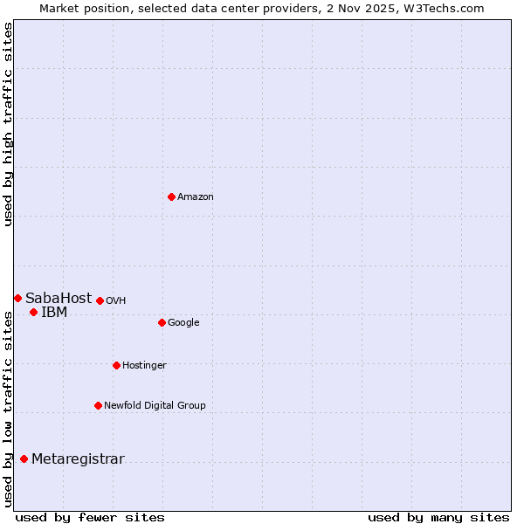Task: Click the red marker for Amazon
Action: coord(171,196)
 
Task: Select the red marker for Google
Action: coord(162,322)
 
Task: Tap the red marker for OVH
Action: coord(100,300)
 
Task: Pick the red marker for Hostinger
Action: coord(116,365)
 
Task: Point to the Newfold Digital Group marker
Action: coord(98,405)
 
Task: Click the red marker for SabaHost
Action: coord(17,298)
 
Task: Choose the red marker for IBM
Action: coord(33,312)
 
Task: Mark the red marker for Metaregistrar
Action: coord(24,458)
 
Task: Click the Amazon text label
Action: coord(196,197)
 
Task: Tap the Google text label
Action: coord(183,323)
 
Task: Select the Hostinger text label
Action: coord(144,366)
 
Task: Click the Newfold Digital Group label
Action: coord(155,405)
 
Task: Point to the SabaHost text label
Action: coord(59,299)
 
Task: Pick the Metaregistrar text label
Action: coord(78,459)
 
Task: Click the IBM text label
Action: coord(54,313)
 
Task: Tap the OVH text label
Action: coord(116,301)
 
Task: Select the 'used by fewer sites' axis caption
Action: coord(90,518)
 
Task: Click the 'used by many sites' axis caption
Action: coord(438,518)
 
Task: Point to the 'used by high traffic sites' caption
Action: coord(8,124)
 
